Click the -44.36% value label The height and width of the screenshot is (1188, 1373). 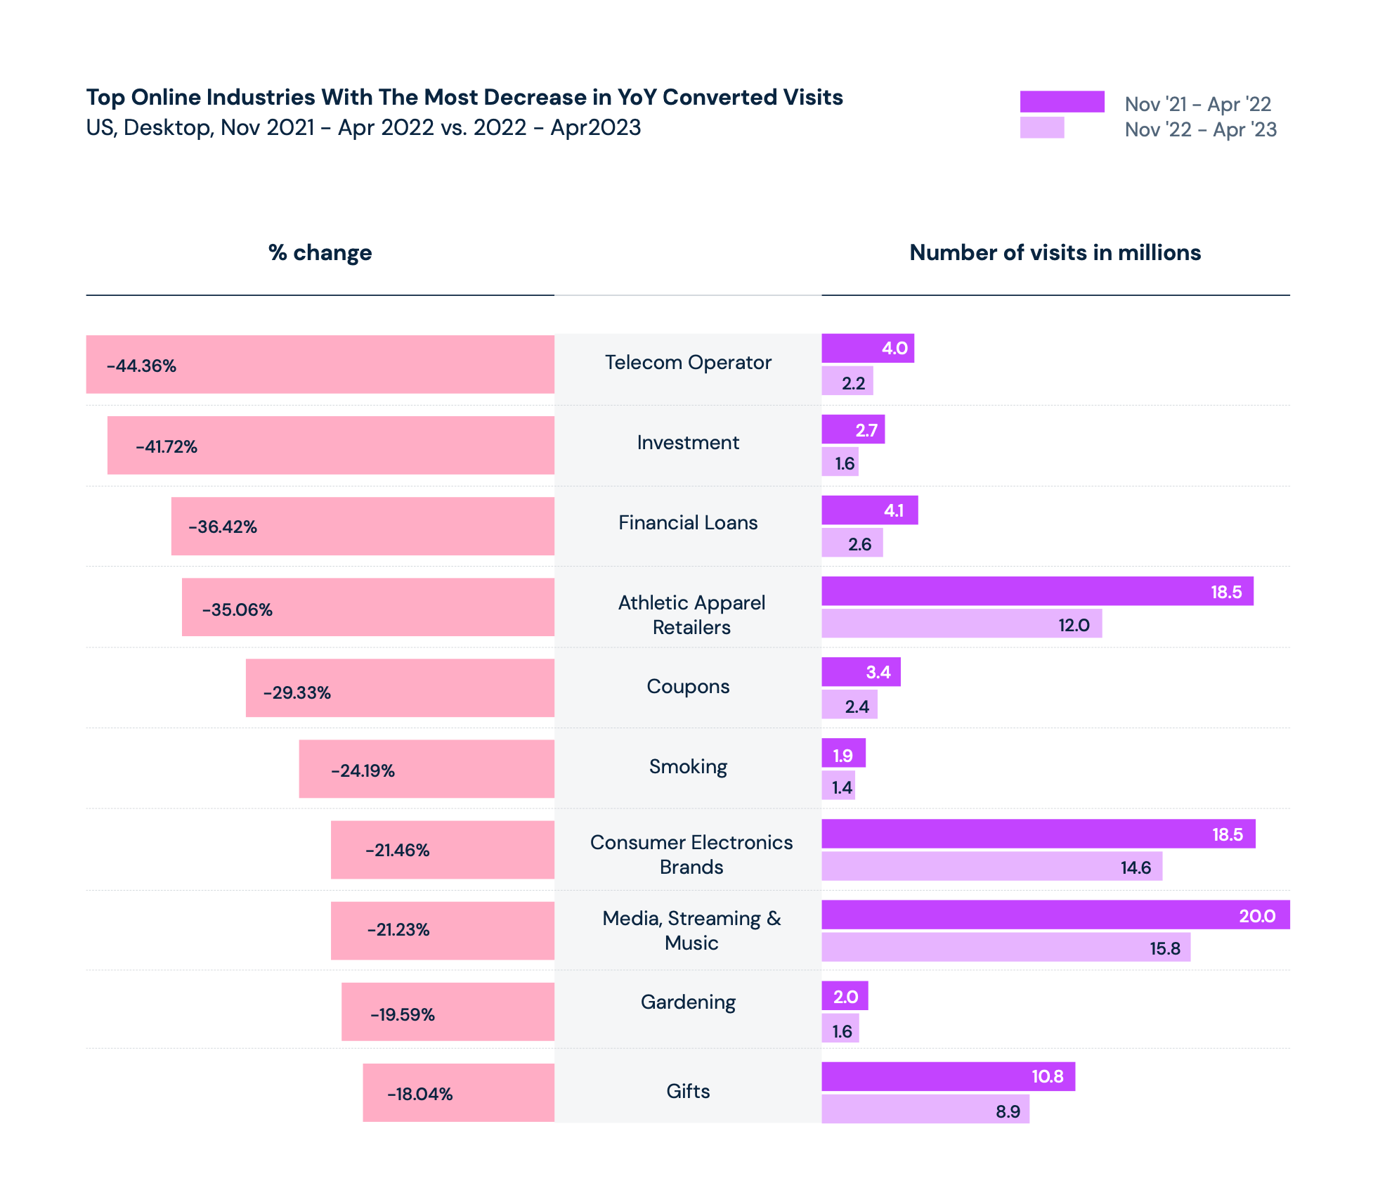click(x=141, y=366)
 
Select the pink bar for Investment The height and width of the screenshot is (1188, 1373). click(x=330, y=446)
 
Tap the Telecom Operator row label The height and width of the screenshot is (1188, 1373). click(x=688, y=363)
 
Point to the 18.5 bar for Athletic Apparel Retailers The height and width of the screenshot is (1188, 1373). click(x=1036, y=591)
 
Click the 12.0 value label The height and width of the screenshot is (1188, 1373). click(x=1074, y=625)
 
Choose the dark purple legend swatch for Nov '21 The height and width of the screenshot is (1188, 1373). click(x=1062, y=102)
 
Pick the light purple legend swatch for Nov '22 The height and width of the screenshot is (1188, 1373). click(x=1041, y=128)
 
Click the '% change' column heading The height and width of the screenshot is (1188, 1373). click(x=320, y=253)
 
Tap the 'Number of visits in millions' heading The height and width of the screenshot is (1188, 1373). click(x=1055, y=253)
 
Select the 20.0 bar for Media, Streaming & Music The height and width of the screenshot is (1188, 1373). click(x=1055, y=915)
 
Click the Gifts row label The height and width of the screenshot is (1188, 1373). click(x=688, y=1091)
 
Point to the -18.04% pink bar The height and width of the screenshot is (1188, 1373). click(x=458, y=1093)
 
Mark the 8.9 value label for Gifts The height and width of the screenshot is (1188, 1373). click(x=1008, y=1111)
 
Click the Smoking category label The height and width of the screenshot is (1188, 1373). click(x=688, y=767)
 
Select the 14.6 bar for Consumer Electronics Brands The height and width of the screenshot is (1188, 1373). click(x=991, y=867)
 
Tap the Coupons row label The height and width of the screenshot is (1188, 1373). click(x=688, y=687)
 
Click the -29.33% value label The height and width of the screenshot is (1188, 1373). click(x=297, y=693)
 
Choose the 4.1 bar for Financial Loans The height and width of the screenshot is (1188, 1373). click(x=869, y=510)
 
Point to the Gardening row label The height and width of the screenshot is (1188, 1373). click(x=688, y=1002)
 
